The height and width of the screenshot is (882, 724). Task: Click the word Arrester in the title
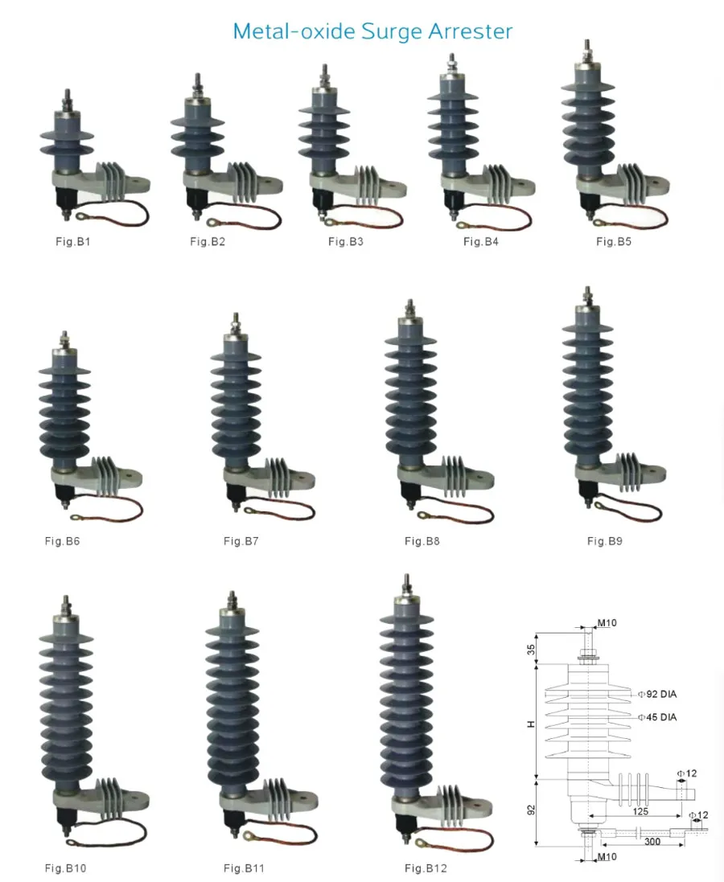(470, 31)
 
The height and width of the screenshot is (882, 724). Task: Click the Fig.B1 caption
(73, 242)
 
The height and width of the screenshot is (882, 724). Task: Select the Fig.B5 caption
(614, 242)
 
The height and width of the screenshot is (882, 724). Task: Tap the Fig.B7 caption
(241, 541)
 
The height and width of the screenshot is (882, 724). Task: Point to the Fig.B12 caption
(426, 868)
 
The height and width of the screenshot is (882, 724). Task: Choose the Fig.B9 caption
(605, 541)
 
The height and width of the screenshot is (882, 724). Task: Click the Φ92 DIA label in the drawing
(657, 695)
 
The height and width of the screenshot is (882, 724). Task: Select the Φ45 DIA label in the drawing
(657, 717)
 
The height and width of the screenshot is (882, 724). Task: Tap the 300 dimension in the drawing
(652, 842)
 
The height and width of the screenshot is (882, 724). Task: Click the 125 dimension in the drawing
(640, 812)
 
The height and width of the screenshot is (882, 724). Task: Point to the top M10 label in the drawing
(607, 623)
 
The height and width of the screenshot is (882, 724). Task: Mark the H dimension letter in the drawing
(530, 724)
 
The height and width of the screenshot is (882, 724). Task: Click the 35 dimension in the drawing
(531, 650)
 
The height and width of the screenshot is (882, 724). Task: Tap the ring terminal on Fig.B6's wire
(75, 516)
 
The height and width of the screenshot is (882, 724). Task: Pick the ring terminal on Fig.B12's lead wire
(420, 843)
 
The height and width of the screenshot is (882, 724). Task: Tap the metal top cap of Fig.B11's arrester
(232, 609)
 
